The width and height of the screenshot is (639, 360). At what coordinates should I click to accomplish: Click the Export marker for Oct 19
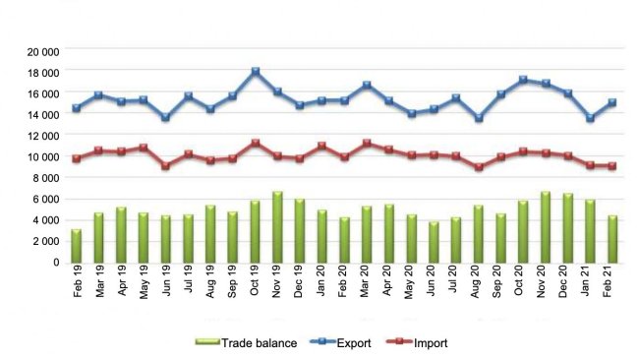coord(256,72)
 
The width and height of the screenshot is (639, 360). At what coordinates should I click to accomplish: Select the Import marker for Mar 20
coord(367,144)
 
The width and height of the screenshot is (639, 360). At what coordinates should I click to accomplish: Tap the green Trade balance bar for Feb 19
coord(77,246)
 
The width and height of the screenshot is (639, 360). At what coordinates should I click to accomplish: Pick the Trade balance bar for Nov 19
coord(277,227)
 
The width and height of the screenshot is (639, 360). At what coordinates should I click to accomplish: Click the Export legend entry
coord(331,342)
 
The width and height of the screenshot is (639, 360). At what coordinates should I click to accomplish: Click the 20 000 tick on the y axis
coord(42,51)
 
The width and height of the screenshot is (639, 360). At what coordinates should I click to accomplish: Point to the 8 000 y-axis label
coord(45,178)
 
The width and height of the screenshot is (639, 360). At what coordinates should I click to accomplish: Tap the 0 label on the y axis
coord(57,263)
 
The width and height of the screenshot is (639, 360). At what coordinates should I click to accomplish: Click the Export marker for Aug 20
coord(478,118)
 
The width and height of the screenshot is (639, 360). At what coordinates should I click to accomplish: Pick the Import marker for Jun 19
coord(166,165)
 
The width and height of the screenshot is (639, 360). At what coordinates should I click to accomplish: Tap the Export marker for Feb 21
coord(611,102)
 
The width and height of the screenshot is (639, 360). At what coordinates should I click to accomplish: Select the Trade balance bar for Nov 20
coord(545,227)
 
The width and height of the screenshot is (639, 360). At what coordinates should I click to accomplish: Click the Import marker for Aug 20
coord(478,167)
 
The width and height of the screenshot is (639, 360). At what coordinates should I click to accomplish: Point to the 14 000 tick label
coord(42,115)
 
